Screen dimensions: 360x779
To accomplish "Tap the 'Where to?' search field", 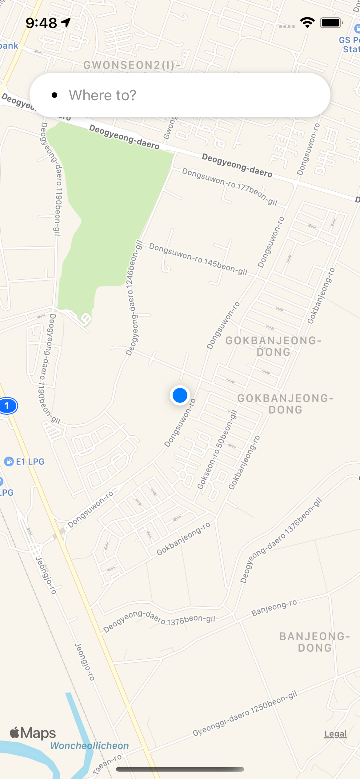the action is coord(180,95).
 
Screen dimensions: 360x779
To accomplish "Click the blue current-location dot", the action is coord(180,395).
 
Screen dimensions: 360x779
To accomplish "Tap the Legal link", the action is coord(336,734).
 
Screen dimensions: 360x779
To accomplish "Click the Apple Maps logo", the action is coord(33,733).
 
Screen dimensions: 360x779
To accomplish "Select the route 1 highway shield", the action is coord(7,406).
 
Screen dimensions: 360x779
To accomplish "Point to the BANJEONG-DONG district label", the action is coord(314,642).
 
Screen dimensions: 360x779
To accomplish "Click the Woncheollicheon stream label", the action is coord(90,746).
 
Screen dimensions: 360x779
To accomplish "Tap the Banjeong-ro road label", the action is coord(274,608).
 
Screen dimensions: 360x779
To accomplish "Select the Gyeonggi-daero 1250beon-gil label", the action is coord(245,713).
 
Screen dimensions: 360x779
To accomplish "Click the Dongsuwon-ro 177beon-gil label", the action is coord(230,186).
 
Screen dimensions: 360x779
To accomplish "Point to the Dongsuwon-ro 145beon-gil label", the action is coord(198,259).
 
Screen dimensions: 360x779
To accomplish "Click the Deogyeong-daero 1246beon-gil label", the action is coord(133,298).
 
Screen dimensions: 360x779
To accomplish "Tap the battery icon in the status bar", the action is coord(331,23).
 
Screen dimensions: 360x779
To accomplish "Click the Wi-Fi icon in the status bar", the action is coord(307,23).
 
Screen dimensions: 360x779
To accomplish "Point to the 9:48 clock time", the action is coord(41,23).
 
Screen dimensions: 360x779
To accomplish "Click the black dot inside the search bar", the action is coord(54,95).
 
